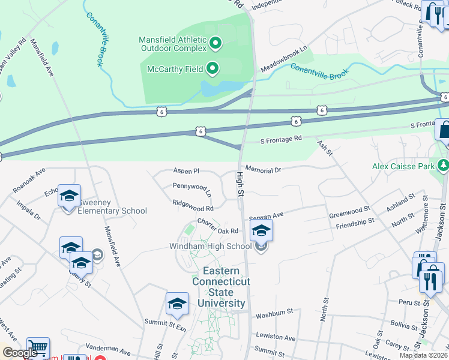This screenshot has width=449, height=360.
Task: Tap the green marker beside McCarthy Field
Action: tap(212, 69)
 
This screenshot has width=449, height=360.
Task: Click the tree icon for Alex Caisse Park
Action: tap(444, 164)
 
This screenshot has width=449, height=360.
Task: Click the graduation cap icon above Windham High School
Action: tap(261, 230)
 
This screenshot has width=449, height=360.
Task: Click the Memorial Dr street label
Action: tap(263, 170)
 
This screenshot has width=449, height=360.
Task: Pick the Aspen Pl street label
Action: tap(186, 171)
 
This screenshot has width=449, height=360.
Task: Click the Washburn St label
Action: tap(274, 312)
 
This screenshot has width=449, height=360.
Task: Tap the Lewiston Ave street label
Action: tap(276, 338)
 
